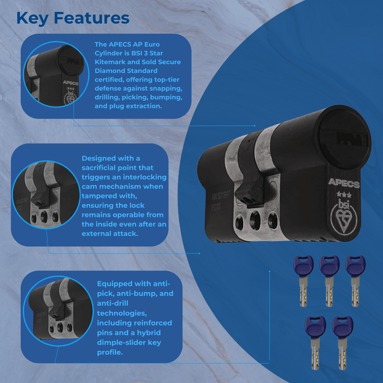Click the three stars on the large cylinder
tap(343, 195)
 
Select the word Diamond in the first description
tap(110, 71)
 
